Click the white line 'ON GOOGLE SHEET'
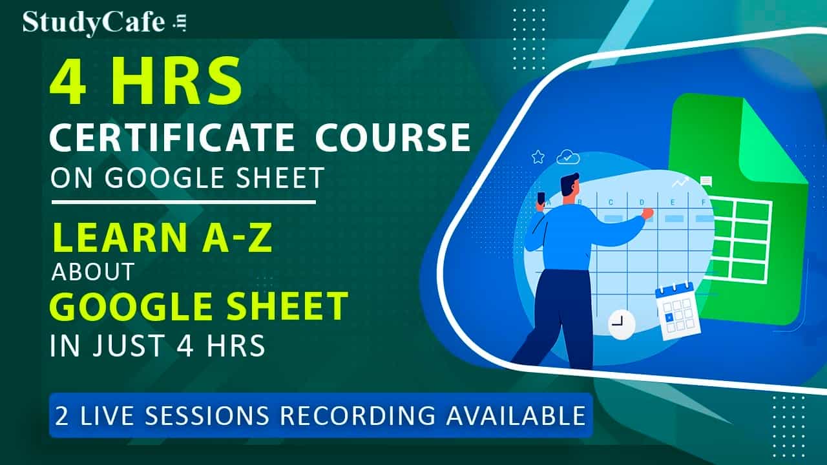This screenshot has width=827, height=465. (x=187, y=177)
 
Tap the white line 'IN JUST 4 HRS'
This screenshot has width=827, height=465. (x=158, y=346)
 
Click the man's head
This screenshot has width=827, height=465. (x=569, y=187)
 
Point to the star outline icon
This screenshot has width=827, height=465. (x=538, y=157)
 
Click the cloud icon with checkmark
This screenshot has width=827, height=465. (x=567, y=156)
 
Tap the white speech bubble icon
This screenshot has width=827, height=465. (x=706, y=181)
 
